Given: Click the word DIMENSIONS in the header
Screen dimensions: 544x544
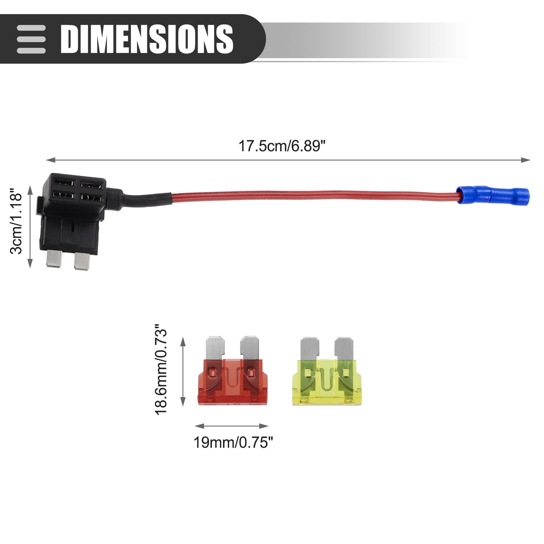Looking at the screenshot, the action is pos(147,39).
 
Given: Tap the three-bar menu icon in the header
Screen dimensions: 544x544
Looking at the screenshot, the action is pos(31,39).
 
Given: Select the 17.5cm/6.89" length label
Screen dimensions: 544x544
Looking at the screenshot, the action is pos(282,146).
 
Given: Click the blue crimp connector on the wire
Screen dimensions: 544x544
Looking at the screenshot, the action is pos(493,195).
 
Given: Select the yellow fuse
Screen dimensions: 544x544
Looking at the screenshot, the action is pos(327,371).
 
